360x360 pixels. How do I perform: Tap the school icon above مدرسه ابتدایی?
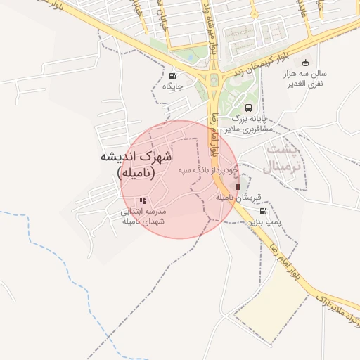tap(143, 201)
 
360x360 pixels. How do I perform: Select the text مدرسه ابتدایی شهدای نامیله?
tap(143, 216)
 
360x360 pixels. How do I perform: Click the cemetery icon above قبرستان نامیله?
tap(238, 186)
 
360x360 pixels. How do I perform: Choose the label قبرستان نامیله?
tap(234, 198)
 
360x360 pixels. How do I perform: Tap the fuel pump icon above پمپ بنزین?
tap(263, 211)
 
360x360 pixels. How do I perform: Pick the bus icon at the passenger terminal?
tap(248, 108)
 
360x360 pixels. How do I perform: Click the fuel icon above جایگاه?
tap(173, 76)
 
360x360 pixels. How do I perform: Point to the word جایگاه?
tap(173, 86)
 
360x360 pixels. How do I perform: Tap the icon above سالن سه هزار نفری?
tap(304, 63)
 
